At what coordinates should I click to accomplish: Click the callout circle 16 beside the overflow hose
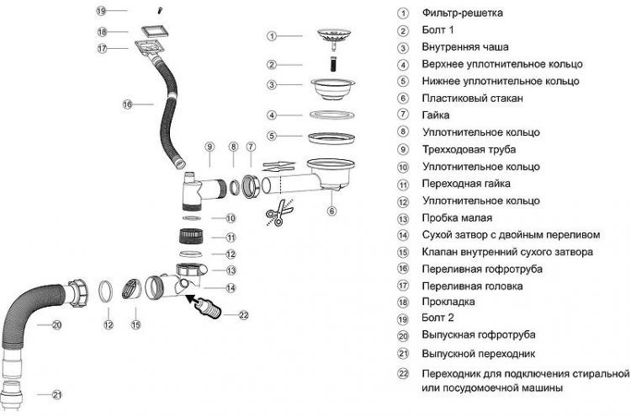click(x=127, y=105)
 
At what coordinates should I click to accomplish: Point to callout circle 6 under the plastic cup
click(x=331, y=211)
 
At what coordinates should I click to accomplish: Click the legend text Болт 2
click(x=438, y=318)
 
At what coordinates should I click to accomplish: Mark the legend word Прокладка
click(x=449, y=302)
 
